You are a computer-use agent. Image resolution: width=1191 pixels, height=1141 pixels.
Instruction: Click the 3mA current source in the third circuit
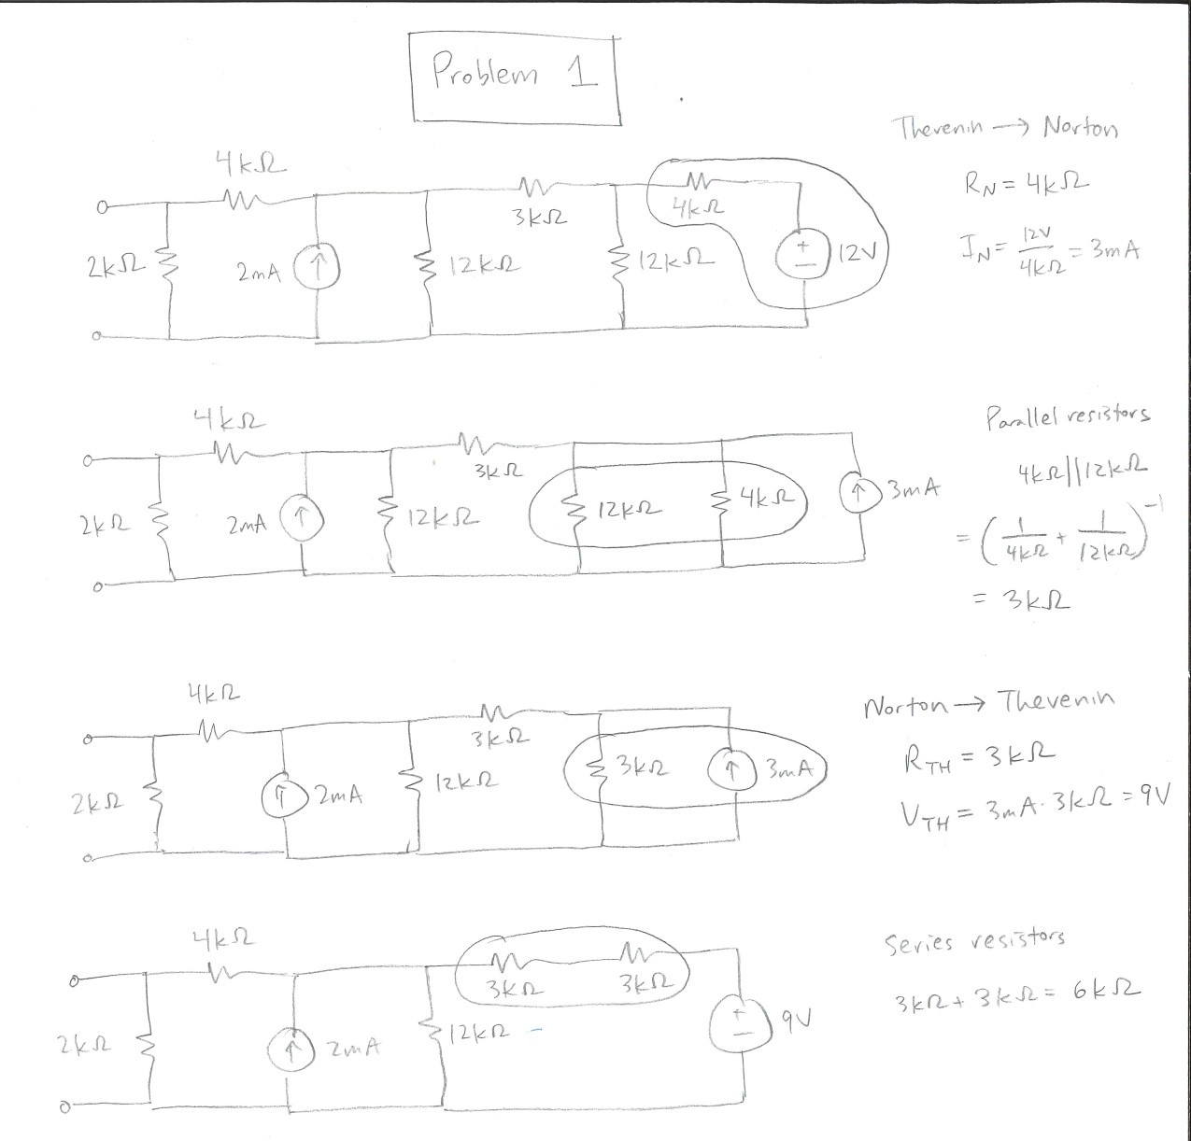732,773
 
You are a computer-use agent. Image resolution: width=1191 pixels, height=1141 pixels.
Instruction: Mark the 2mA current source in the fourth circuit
292,1049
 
